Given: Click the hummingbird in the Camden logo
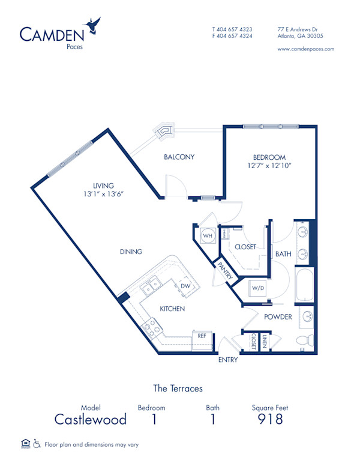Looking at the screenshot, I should pos(94,25).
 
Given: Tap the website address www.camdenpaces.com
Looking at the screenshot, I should pos(306,49).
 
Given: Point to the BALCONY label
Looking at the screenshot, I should pos(179,157).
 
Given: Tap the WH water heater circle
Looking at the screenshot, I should pos(208,236).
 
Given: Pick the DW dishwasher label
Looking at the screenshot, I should pos(186,286).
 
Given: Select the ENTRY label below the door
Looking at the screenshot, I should pos(228,360).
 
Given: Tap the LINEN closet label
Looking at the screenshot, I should pos(265,341).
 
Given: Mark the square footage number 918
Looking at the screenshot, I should pos(270,419).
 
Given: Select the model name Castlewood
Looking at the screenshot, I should pos(91,419).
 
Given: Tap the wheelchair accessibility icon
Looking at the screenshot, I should pos(37,444).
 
